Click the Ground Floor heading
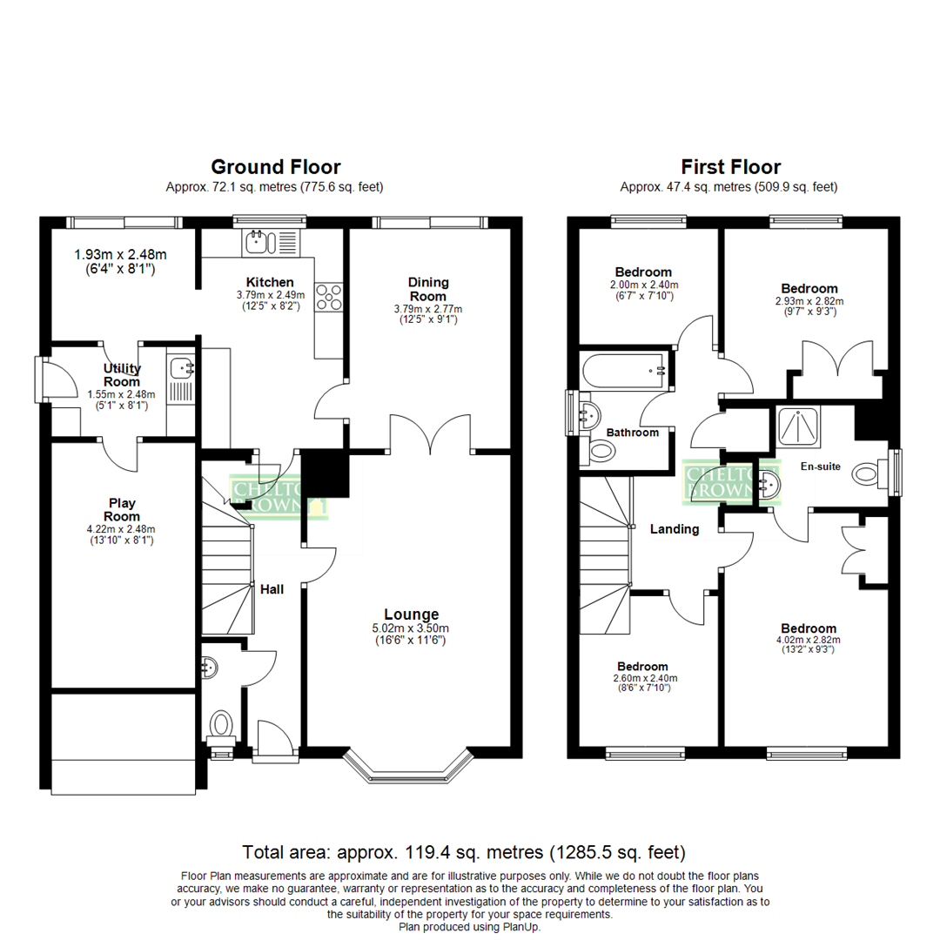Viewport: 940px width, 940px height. pos(275,166)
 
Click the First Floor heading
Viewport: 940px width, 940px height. pos(730,166)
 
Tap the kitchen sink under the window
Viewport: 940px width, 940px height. pos(272,242)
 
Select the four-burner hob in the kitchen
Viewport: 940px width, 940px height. pos(330,298)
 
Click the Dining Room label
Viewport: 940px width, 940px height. pos(428,289)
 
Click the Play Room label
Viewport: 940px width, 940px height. pos(122,509)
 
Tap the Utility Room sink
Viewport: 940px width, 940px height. pos(181,369)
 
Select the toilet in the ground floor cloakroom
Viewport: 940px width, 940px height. pos(222,724)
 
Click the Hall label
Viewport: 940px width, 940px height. pos(272,589)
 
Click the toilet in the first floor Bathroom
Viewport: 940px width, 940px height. pos(601,450)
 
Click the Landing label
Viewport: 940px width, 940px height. pos(675,528)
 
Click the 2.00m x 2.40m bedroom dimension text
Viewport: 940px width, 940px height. pos(644,285)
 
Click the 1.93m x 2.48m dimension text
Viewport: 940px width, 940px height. pos(119,255)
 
